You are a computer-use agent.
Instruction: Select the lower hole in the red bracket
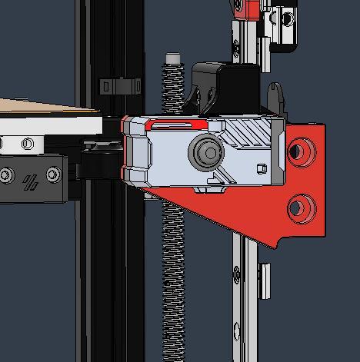coord(301,206)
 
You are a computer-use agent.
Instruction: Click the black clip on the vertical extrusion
coord(119,85)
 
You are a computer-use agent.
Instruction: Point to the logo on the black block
coord(31,183)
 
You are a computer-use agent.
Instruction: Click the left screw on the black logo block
coord(7,176)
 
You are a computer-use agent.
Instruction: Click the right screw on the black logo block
coord(52,175)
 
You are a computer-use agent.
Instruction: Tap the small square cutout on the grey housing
coord(262,168)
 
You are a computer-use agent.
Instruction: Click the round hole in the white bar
coord(28,143)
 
